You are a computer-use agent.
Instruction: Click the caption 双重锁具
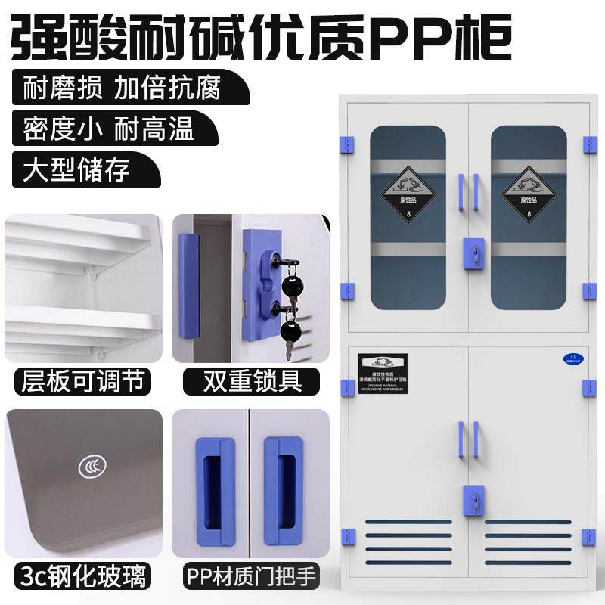[x=250, y=380]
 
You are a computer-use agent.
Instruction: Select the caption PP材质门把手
[x=250, y=575]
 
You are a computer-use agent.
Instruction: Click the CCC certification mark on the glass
[x=92, y=467]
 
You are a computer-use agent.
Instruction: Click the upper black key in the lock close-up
[x=290, y=284]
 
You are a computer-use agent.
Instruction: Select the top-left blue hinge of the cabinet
[x=347, y=144]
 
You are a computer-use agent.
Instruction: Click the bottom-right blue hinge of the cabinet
[x=588, y=538]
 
